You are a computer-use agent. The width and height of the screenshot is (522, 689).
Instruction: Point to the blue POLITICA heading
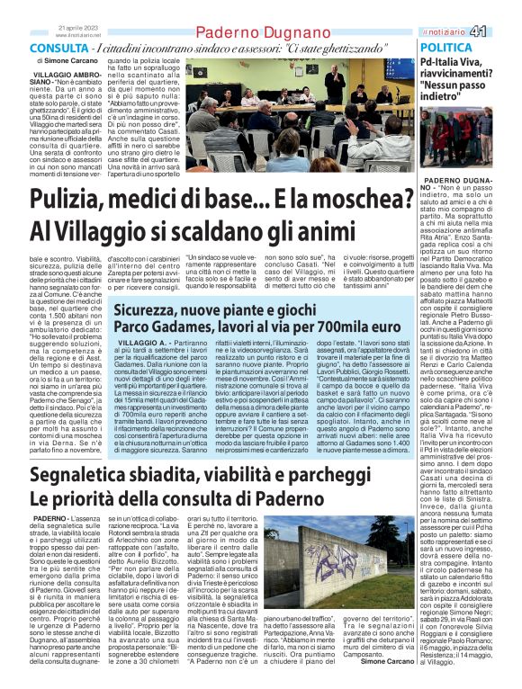coord(446,47)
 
